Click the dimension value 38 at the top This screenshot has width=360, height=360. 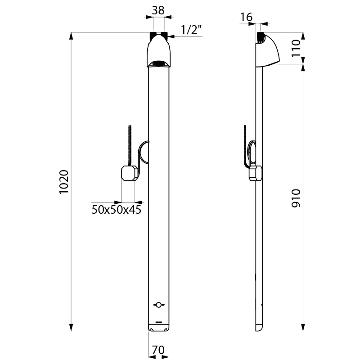(158, 10)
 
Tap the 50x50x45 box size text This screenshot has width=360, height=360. (113, 210)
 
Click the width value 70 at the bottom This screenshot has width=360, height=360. (157, 349)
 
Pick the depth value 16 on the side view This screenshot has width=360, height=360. (246, 17)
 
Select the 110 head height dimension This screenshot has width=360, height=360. (295, 48)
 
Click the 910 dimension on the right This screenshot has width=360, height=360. (295, 198)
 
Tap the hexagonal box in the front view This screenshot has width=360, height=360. (129, 174)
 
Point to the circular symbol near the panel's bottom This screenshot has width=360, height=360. (157, 305)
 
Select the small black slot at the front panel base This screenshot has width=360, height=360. (158, 322)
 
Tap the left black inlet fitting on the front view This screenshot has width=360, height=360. (153, 36)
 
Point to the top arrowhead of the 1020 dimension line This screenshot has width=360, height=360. (72, 36)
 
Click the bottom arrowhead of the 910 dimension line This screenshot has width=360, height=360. (303, 328)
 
